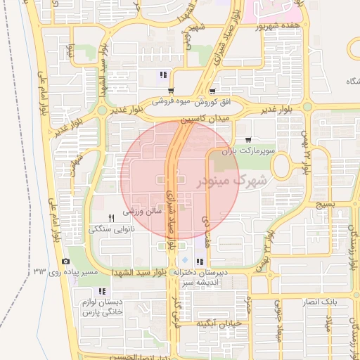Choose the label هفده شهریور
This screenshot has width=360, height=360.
pyautogui.click(x=285, y=27)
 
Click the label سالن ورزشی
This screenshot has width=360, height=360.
pyautogui.click(x=143, y=211)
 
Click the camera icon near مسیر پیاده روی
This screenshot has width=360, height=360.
pyautogui.click(x=66, y=261)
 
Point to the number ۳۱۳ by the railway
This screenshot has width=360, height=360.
pyautogui.click(x=39, y=271)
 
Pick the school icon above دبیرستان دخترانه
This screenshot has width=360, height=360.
pyautogui.click(x=200, y=262)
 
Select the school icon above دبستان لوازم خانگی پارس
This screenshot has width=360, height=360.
pyautogui.click(x=102, y=291)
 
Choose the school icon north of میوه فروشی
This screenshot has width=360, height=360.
pyautogui.click(x=163, y=75)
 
